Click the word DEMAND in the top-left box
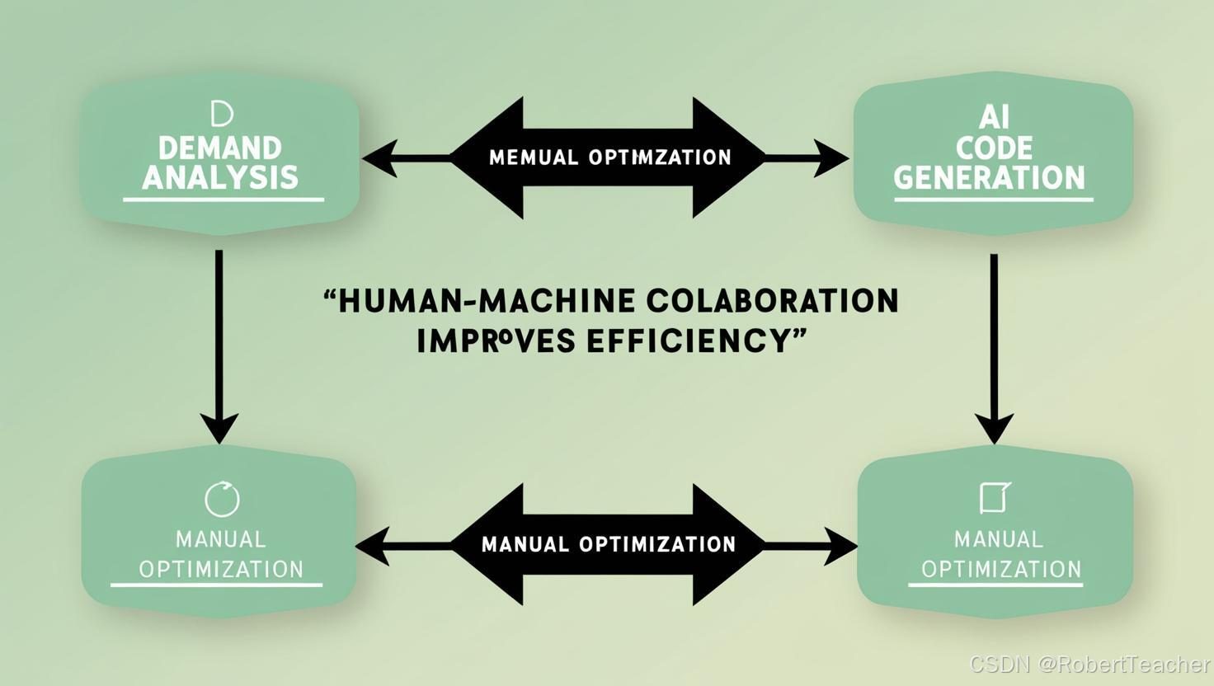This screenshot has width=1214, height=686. pos(219,148)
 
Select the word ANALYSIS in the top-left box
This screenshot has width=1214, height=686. pos(220,177)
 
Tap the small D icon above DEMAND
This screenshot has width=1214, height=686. pos(221,114)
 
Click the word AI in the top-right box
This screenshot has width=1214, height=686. pos(994,118)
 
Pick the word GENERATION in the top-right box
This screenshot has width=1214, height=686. pos(990,178)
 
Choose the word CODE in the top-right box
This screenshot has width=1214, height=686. pos(994,148)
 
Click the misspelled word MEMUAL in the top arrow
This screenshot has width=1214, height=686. pos(534,157)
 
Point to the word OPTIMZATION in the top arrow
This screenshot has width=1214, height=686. pos(660,157)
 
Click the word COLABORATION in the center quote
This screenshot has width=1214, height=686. pos(772,301)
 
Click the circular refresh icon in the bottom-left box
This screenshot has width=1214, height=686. pos(221,498)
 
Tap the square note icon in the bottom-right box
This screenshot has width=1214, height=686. pos(995,497)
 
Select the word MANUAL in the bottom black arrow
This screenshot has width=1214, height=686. pos(525,544)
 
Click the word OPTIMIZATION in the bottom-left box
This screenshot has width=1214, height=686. pos(221,570)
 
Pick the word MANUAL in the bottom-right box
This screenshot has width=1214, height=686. pos(998,540)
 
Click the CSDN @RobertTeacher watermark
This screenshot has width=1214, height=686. pos(1089,665)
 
